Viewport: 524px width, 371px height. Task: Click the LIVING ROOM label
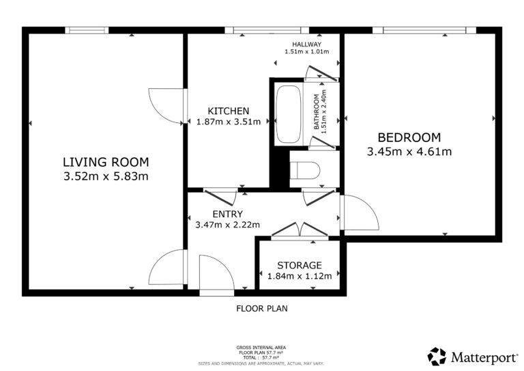point(106,162)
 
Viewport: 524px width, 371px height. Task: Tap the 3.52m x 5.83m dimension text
point(106,176)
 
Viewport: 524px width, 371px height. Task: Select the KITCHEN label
point(229,111)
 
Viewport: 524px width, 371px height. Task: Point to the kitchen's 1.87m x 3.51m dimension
point(229,122)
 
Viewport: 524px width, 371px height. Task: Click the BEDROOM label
point(409,137)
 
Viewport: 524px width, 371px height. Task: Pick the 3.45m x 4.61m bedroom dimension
point(409,152)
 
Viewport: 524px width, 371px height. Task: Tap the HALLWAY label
point(307,44)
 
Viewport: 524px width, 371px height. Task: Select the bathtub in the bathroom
point(289,113)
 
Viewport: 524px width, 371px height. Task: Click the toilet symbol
point(305,170)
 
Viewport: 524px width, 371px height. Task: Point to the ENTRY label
point(228,214)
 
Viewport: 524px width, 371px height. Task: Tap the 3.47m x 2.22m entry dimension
point(228,225)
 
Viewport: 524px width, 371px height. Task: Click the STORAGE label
point(300,265)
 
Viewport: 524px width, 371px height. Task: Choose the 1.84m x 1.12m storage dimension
point(300,276)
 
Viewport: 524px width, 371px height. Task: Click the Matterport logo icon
point(437,356)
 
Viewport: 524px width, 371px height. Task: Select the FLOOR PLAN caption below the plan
point(262,308)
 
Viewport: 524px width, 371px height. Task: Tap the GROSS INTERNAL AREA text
point(261,348)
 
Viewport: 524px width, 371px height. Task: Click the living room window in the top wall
point(87,30)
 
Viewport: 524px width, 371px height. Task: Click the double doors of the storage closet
point(300,230)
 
